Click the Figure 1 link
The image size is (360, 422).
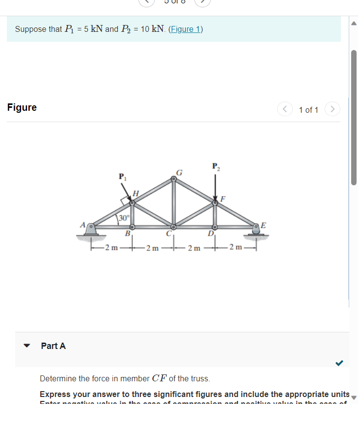[185, 29]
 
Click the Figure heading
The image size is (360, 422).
[22, 107]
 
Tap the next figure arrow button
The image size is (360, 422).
[332, 109]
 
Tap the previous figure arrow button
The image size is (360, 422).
[284, 109]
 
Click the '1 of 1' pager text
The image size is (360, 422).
[309, 110]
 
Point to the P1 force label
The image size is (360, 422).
[121, 176]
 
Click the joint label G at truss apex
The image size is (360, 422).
[179, 172]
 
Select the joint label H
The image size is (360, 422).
[136, 193]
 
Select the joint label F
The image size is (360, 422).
[223, 199]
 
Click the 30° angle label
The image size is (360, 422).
[124, 218]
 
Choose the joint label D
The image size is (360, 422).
[210, 234]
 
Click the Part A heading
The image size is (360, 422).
[53, 346]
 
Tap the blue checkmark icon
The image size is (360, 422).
[339, 363]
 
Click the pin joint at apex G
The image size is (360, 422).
[173, 179]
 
